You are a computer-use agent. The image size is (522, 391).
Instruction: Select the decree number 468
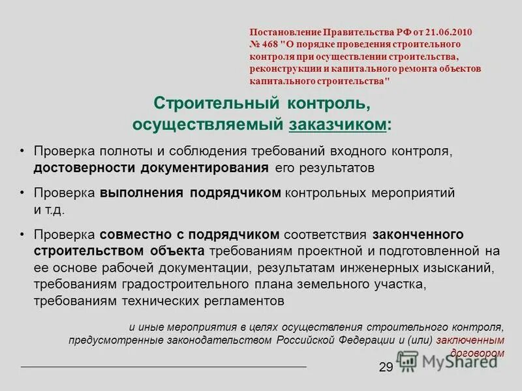point(269,44)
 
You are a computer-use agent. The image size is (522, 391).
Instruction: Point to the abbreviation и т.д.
point(50,210)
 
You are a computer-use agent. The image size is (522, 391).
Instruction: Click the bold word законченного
point(418,234)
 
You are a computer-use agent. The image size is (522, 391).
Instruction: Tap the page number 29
point(386,368)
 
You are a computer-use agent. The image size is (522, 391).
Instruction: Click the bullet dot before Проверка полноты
point(22,151)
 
